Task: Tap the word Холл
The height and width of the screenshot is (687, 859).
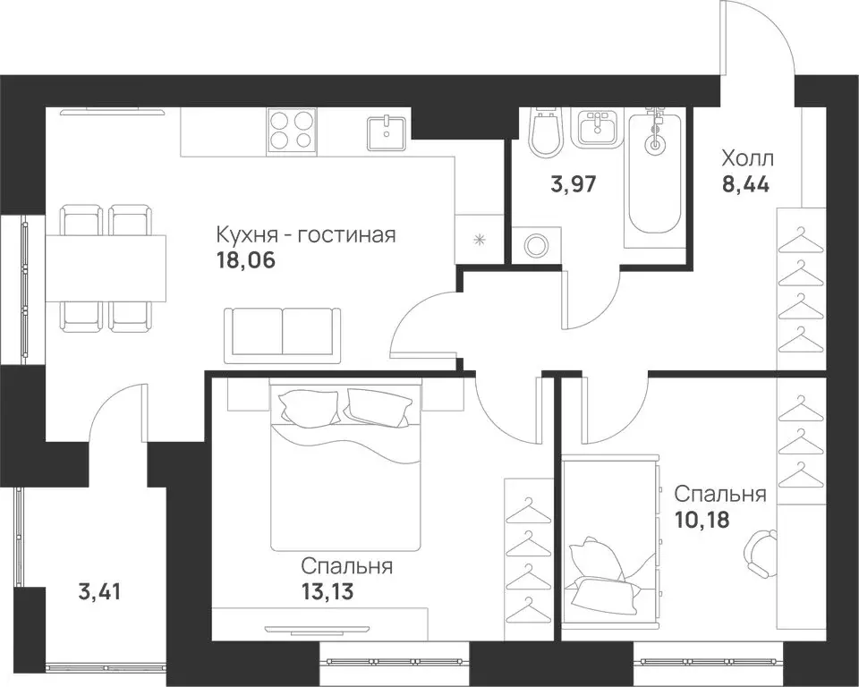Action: pyautogui.click(x=748, y=159)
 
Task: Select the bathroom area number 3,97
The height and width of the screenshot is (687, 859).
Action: pyautogui.click(x=573, y=184)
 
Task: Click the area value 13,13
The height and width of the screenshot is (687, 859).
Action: pyautogui.click(x=327, y=591)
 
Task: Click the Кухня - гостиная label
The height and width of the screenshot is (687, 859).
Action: pyautogui.click(x=306, y=235)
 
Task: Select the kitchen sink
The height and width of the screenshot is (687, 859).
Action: pyautogui.click(x=387, y=132)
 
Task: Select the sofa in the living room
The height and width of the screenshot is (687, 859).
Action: pyautogui.click(x=283, y=335)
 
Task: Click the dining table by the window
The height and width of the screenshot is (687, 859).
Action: pyautogui.click(x=106, y=268)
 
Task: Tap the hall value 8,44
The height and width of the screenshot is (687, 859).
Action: pyautogui.click(x=745, y=184)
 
